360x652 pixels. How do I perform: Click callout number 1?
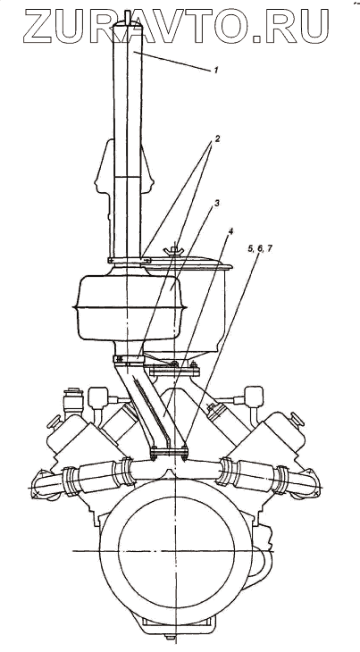tap(216, 71)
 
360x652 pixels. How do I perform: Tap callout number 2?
tap(216, 138)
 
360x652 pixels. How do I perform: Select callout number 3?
tap(216, 204)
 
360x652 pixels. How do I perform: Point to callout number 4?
tap(231, 230)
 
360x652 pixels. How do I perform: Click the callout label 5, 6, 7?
tap(259, 248)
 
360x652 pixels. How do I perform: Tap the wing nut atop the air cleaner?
tap(175, 250)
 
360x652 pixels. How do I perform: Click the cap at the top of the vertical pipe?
tap(128, 21)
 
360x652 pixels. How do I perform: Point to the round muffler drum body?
tap(130, 307)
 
